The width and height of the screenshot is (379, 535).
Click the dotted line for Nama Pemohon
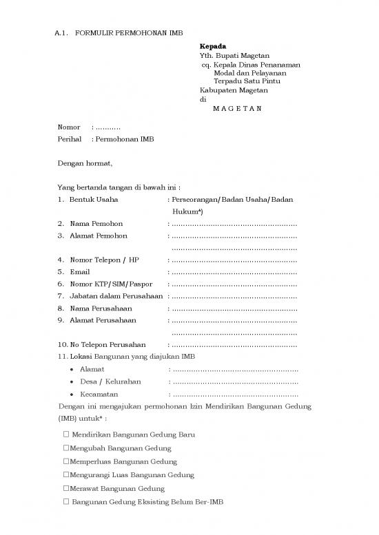point(234,224)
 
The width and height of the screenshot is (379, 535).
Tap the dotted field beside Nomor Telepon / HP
point(234,260)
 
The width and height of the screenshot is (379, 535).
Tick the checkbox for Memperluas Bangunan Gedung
point(65,461)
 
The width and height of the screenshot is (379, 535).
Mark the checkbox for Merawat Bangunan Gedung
point(65,488)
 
